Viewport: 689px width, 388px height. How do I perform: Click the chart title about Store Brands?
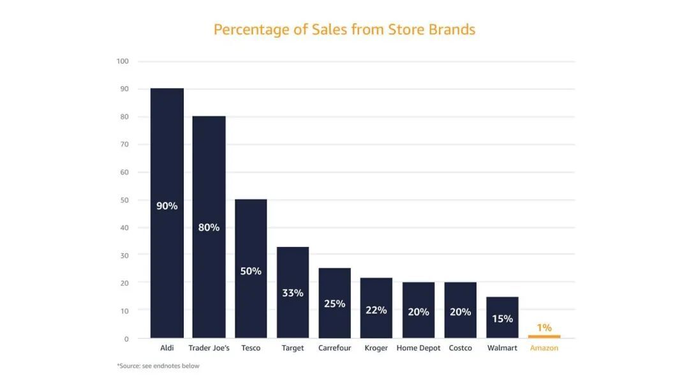tap(344, 29)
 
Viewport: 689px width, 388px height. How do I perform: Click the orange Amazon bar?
tap(544, 336)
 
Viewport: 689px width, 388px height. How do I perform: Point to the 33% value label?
tap(293, 293)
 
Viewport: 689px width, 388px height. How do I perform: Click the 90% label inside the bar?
tap(167, 206)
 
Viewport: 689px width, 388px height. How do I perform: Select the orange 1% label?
tap(544, 327)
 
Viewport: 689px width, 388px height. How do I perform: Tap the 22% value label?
tap(376, 310)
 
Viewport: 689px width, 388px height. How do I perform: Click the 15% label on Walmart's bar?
tap(502, 318)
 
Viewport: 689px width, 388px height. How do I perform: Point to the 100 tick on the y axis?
tap(122, 61)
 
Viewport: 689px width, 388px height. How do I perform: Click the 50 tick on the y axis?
tap(124, 200)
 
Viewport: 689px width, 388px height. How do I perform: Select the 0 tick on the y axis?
tap(126, 339)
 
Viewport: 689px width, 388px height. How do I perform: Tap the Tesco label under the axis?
tap(251, 348)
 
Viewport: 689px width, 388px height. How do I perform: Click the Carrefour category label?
tap(334, 348)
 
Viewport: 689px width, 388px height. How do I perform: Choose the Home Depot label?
tap(419, 348)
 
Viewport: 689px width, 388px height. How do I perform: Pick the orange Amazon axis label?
tap(544, 348)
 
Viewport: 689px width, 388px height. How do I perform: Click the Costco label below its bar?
tap(461, 348)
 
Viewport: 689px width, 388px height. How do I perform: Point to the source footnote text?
tap(158, 366)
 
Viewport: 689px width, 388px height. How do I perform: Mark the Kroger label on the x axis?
tap(376, 348)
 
